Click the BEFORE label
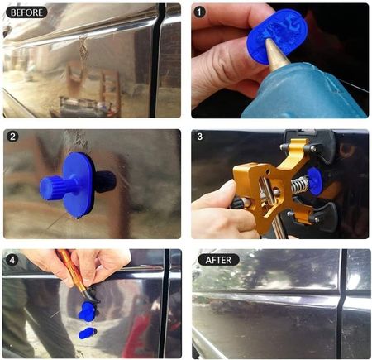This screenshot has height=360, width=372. click(26, 12)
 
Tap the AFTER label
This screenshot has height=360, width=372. click(218, 260)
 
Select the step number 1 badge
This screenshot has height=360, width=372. click(199, 12)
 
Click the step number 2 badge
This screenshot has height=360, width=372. click(12, 137)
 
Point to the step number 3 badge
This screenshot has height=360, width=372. click(200, 137)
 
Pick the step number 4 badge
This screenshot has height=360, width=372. click(12, 260)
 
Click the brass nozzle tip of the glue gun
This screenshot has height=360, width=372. click(276, 54)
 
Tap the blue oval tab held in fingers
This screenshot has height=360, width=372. click(277, 35)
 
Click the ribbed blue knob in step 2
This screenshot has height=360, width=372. click(52, 185)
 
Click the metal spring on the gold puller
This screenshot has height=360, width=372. click(300, 183)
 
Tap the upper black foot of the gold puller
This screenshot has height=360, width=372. click(320, 146)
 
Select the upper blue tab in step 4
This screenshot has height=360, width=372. click(88, 311)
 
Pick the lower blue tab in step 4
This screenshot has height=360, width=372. click(88, 334)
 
